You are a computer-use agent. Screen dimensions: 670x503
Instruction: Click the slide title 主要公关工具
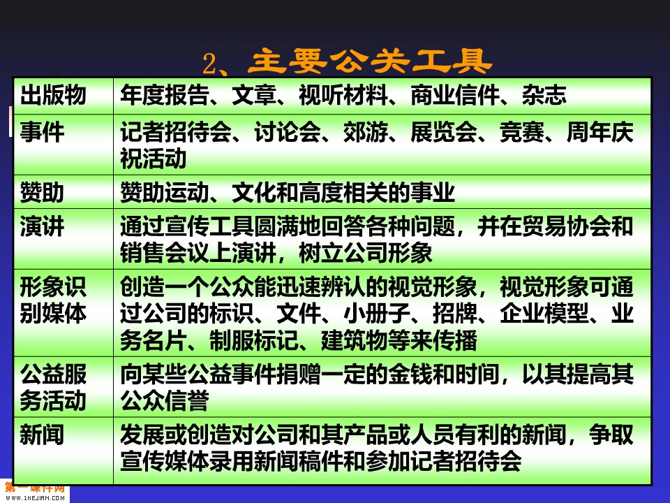click(x=370, y=61)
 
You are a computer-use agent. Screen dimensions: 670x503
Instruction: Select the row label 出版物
click(x=53, y=95)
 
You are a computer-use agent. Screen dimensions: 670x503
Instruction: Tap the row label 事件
click(x=42, y=132)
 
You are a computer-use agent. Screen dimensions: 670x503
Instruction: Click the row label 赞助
click(x=42, y=192)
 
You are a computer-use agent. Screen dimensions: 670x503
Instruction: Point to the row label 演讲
click(x=42, y=226)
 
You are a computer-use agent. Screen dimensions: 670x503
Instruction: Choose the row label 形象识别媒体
click(x=53, y=300)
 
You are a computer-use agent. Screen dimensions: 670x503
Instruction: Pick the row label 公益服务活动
click(x=53, y=388)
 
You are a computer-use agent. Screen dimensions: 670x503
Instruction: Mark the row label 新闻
click(x=42, y=435)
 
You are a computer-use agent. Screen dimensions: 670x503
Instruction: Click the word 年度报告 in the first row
click(x=165, y=95)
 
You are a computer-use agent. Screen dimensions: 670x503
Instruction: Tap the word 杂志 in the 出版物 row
click(x=544, y=95)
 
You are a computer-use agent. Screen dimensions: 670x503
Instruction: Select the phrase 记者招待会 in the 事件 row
click(x=176, y=132)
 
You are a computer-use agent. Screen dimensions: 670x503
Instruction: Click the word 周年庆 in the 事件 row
click(x=600, y=132)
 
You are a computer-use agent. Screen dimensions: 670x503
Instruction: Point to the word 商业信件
click(x=455, y=95)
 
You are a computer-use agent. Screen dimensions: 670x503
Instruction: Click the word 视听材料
click(x=343, y=95)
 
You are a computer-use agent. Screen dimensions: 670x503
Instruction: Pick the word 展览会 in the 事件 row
click(x=444, y=132)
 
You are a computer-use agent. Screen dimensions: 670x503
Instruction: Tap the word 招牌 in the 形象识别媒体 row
click(x=454, y=313)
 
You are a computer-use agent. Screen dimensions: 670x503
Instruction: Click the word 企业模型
click(x=544, y=313)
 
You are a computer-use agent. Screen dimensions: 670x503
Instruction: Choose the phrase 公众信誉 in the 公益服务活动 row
click(x=165, y=401)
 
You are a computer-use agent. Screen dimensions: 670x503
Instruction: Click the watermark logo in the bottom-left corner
click(x=34, y=491)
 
